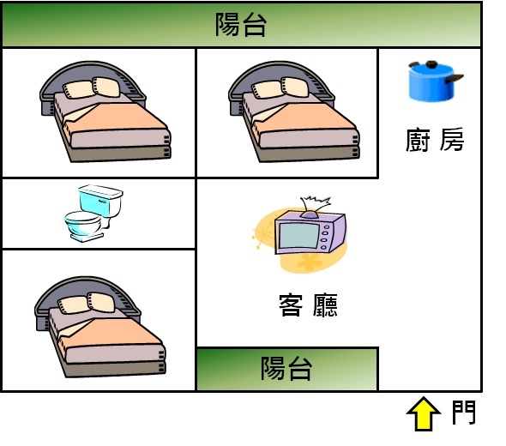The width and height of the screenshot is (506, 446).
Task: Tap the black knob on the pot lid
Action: pyautogui.click(x=431, y=64)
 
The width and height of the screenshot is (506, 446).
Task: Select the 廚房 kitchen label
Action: pyautogui.click(x=435, y=140)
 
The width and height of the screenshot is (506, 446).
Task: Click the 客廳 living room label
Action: pyautogui.click(x=308, y=305)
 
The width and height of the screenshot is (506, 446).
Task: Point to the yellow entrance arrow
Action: pyautogui.click(x=424, y=413)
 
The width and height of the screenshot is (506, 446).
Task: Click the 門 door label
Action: pyautogui.click(x=464, y=413)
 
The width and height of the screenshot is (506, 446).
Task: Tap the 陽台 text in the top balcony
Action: pyautogui.click(x=241, y=25)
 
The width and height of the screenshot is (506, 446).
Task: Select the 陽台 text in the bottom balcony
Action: pyautogui.click(x=286, y=368)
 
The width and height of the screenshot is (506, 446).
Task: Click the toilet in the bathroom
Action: pyautogui.click(x=93, y=213)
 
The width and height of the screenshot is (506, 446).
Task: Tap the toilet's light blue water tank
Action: pyautogui.click(x=100, y=198)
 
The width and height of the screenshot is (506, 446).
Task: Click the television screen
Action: pyautogui.click(x=298, y=235)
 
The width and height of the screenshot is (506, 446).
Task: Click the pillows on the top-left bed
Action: pyautogui.click(x=92, y=87)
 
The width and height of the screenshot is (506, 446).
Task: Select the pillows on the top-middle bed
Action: pyautogui.click(x=280, y=87)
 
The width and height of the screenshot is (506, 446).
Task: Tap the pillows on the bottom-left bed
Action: pyautogui.click(x=87, y=303)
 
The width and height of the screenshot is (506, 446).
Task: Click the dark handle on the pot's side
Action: pyautogui.click(x=455, y=78)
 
